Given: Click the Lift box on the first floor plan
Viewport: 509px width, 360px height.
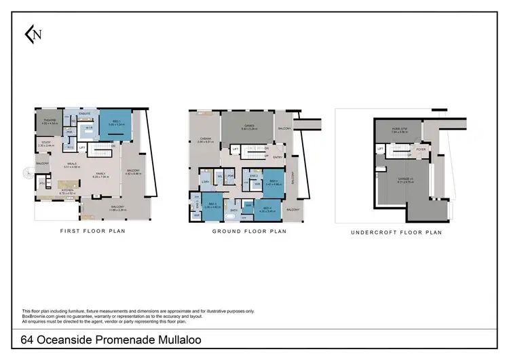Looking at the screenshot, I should coord(82,147).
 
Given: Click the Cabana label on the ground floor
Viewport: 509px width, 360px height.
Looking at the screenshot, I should coord(205,140).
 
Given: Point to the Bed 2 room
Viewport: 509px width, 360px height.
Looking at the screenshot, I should coord(274,182).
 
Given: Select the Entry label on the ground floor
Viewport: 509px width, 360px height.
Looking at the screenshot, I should coord(277,157).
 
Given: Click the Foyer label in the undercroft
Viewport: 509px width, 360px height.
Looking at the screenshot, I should coord(420,149).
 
